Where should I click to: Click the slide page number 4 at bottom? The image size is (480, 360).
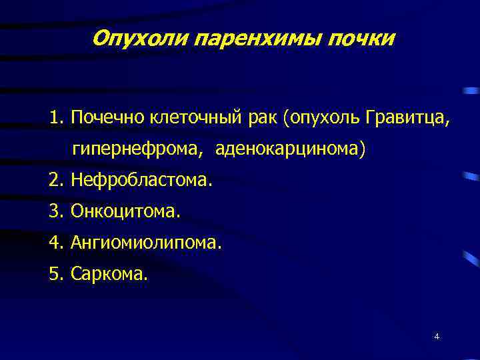[x=437, y=337]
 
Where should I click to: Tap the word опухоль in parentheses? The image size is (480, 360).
[x=323, y=118]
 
